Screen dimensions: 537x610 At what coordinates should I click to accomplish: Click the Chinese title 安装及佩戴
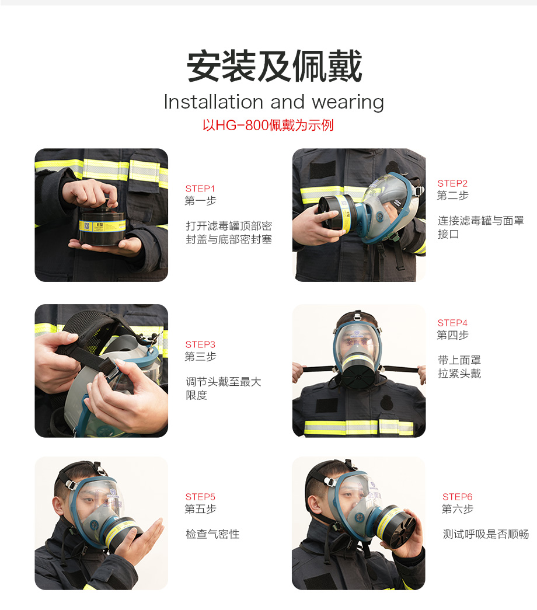(x=274, y=66)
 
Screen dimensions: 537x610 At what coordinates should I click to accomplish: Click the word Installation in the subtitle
(x=213, y=102)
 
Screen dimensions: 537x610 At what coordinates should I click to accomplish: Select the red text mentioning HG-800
(x=268, y=126)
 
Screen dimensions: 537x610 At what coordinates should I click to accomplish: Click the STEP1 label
(x=200, y=189)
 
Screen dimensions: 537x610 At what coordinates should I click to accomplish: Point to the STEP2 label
(x=452, y=183)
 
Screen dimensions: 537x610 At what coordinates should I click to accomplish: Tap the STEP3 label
(x=200, y=344)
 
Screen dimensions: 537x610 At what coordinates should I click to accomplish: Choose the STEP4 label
(x=452, y=323)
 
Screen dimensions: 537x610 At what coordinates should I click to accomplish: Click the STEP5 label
(x=200, y=497)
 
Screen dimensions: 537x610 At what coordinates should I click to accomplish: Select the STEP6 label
(x=457, y=497)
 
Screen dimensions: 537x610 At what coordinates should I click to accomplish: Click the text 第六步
(x=458, y=509)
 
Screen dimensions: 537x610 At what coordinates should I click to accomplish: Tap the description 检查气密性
(x=212, y=534)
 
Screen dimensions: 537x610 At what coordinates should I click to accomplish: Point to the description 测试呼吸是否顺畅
(x=486, y=534)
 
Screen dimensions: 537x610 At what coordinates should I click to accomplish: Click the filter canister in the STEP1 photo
(x=102, y=226)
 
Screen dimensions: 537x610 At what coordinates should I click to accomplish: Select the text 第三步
(x=200, y=356)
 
